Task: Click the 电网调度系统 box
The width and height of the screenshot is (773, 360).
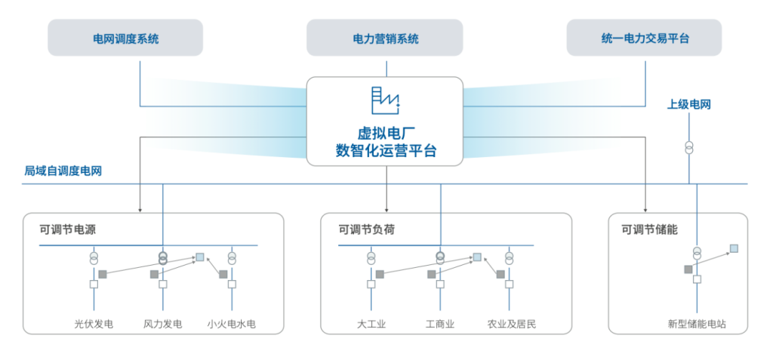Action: click(125, 38)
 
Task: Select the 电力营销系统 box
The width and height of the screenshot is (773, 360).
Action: click(386, 38)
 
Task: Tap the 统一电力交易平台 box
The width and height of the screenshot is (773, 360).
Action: click(644, 38)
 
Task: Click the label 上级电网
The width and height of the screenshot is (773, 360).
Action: click(688, 104)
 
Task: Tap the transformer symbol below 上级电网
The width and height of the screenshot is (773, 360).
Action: click(688, 146)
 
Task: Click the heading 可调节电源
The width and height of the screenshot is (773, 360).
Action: click(68, 229)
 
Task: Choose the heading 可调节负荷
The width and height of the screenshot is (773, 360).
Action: click(366, 229)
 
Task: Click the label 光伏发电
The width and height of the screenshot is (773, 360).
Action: click(94, 325)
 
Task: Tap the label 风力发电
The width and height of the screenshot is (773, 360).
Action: click(162, 325)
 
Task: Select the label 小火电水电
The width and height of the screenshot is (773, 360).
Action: click(232, 325)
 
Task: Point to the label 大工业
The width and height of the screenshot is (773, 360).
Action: click(371, 325)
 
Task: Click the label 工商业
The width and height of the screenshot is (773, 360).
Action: click(440, 325)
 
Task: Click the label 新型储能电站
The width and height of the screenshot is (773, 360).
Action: click(697, 325)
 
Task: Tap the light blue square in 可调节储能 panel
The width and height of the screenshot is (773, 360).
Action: click(733, 248)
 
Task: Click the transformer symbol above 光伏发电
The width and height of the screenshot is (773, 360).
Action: click(94, 257)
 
